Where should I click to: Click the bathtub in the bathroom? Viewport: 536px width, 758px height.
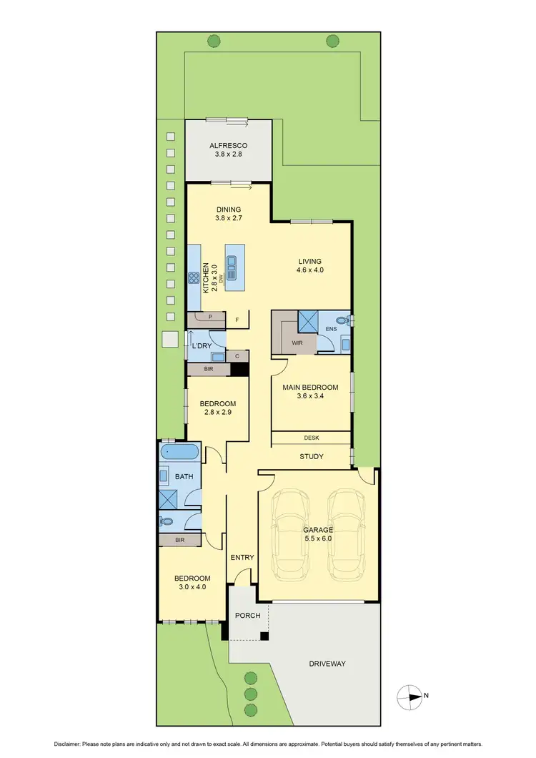point(179,452)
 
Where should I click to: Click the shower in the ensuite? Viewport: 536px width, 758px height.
point(308,321)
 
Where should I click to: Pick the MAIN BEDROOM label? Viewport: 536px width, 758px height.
point(310,387)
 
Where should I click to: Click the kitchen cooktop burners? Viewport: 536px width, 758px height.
point(193,278)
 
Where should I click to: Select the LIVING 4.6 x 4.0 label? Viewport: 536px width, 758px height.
point(310,265)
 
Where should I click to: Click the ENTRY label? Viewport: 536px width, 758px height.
point(242,557)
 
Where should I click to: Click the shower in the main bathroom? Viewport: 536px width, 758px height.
point(169,499)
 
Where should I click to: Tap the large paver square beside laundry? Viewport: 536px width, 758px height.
point(170,340)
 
